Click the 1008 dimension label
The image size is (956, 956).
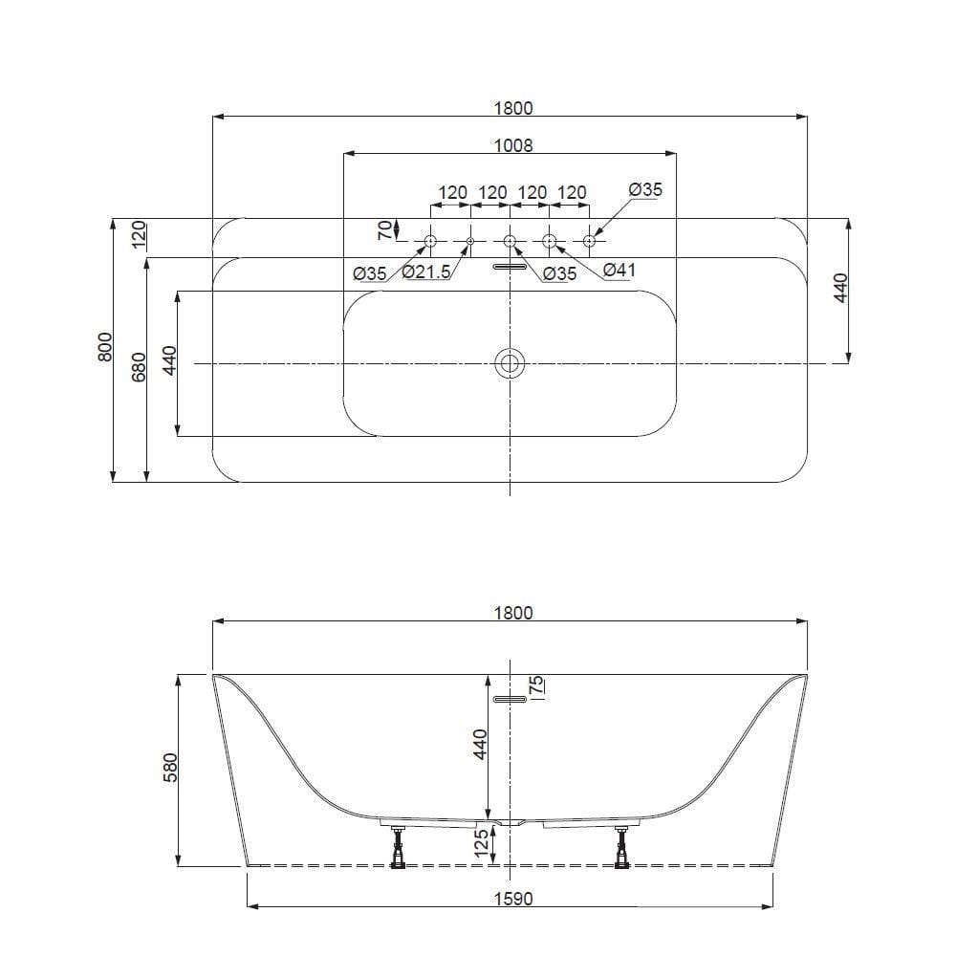click(x=513, y=145)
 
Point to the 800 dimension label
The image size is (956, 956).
click(x=105, y=347)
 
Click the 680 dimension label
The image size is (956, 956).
click(x=138, y=368)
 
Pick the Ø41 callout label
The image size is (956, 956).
click(x=619, y=272)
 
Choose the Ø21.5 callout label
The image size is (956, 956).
click(x=426, y=273)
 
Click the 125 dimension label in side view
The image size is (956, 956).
click(x=483, y=843)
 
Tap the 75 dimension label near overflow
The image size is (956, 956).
click(x=536, y=684)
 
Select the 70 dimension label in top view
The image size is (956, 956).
click(x=384, y=229)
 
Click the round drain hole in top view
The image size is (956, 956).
click(x=510, y=363)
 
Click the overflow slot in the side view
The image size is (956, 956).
click(x=510, y=700)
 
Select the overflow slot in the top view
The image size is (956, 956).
click(x=510, y=268)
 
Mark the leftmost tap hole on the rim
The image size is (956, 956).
click(x=430, y=240)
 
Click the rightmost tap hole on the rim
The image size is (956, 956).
click(x=589, y=240)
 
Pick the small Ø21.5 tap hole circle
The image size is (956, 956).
click(x=470, y=240)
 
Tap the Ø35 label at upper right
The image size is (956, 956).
click(x=645, y=190)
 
